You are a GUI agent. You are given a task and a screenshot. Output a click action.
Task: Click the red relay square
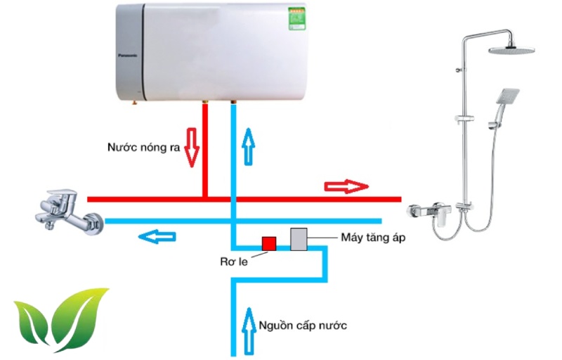pos(268,243)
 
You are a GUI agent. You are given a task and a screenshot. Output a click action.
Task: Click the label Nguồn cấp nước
pos(303,326)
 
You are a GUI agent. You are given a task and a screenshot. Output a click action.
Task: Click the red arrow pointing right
pos(346,186)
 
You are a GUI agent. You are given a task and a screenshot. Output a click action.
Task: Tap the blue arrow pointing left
pos(157,236)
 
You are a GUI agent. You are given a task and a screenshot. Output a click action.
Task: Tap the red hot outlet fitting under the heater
pos(204,105)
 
